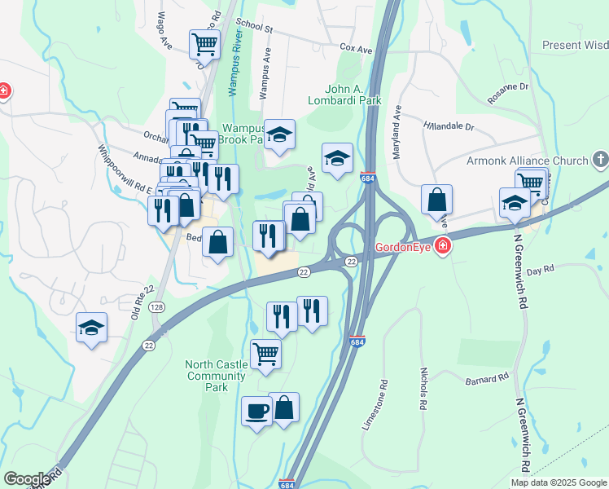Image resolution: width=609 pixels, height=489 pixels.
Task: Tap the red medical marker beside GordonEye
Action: pos(442,245)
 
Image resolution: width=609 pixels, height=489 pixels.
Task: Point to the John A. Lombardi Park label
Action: pos(353,95)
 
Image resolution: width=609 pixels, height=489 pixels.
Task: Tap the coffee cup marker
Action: pos(257,411)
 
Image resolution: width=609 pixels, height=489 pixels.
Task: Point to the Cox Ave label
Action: pos(356,50)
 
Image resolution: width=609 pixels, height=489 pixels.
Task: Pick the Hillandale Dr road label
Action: pos(449,126)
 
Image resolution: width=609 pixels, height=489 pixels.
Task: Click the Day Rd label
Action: pos(540,270)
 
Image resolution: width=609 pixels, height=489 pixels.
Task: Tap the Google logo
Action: pos(27,479)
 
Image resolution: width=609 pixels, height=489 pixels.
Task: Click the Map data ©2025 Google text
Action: pos(559,482)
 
